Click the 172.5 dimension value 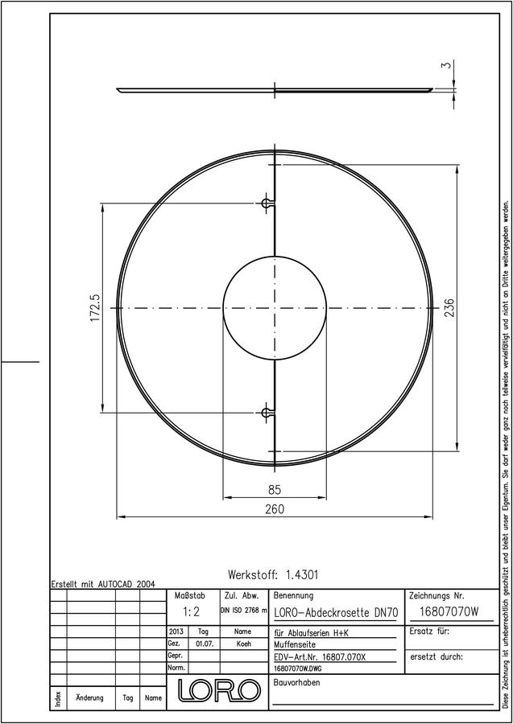(96, 308)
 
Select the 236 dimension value (449, 307)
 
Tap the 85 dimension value (275, 489)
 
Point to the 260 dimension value (275, 509)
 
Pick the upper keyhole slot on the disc (267, 204)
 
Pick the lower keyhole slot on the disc (267, 411)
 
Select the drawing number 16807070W (449, 612)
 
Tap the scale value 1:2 (191, 612)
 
